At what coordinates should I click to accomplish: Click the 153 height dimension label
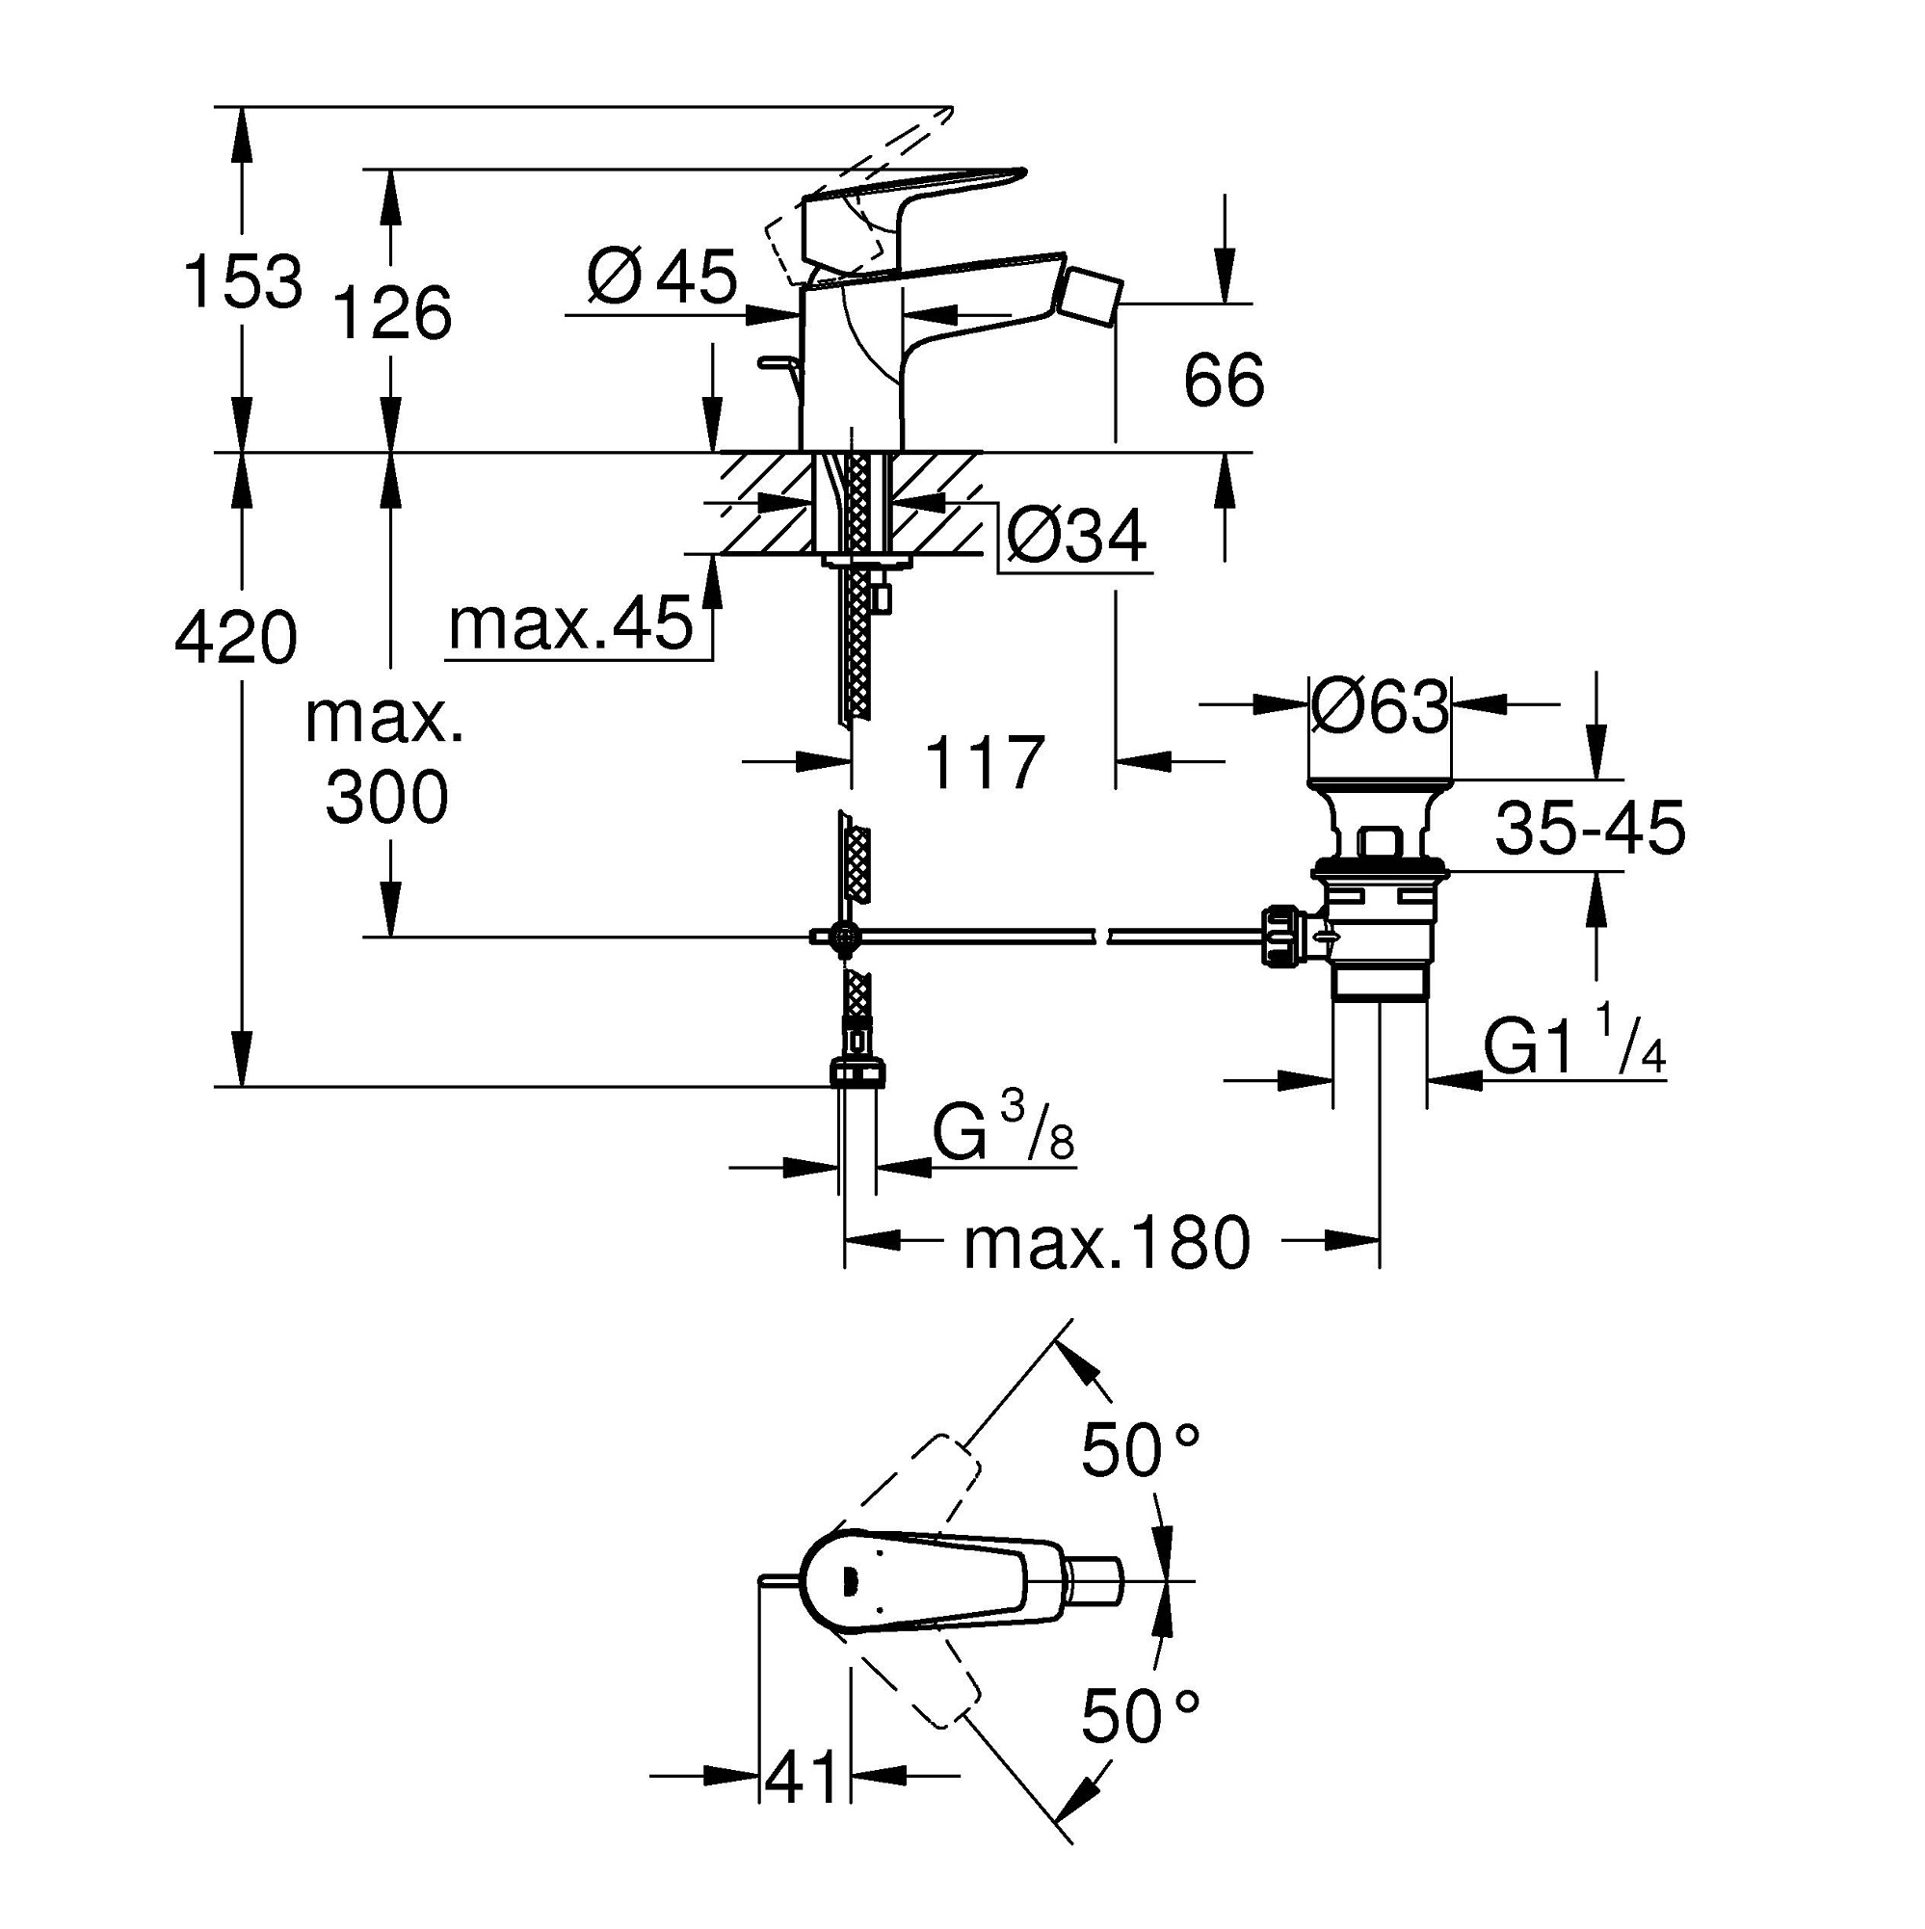[243, 282]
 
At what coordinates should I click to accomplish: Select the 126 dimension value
[390, 313]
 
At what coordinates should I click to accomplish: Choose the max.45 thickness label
[570, 625]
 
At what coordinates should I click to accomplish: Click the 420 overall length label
[236, 638]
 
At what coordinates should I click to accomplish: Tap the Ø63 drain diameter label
[1379, 707]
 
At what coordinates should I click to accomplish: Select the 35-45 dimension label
[1590, 828]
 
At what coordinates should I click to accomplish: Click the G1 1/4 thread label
[1573, 1046]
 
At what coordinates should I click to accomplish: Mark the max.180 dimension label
[1106, 1244]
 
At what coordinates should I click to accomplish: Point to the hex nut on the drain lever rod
[1282, 936]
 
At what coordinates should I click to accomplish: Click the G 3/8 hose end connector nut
[857, 1073]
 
